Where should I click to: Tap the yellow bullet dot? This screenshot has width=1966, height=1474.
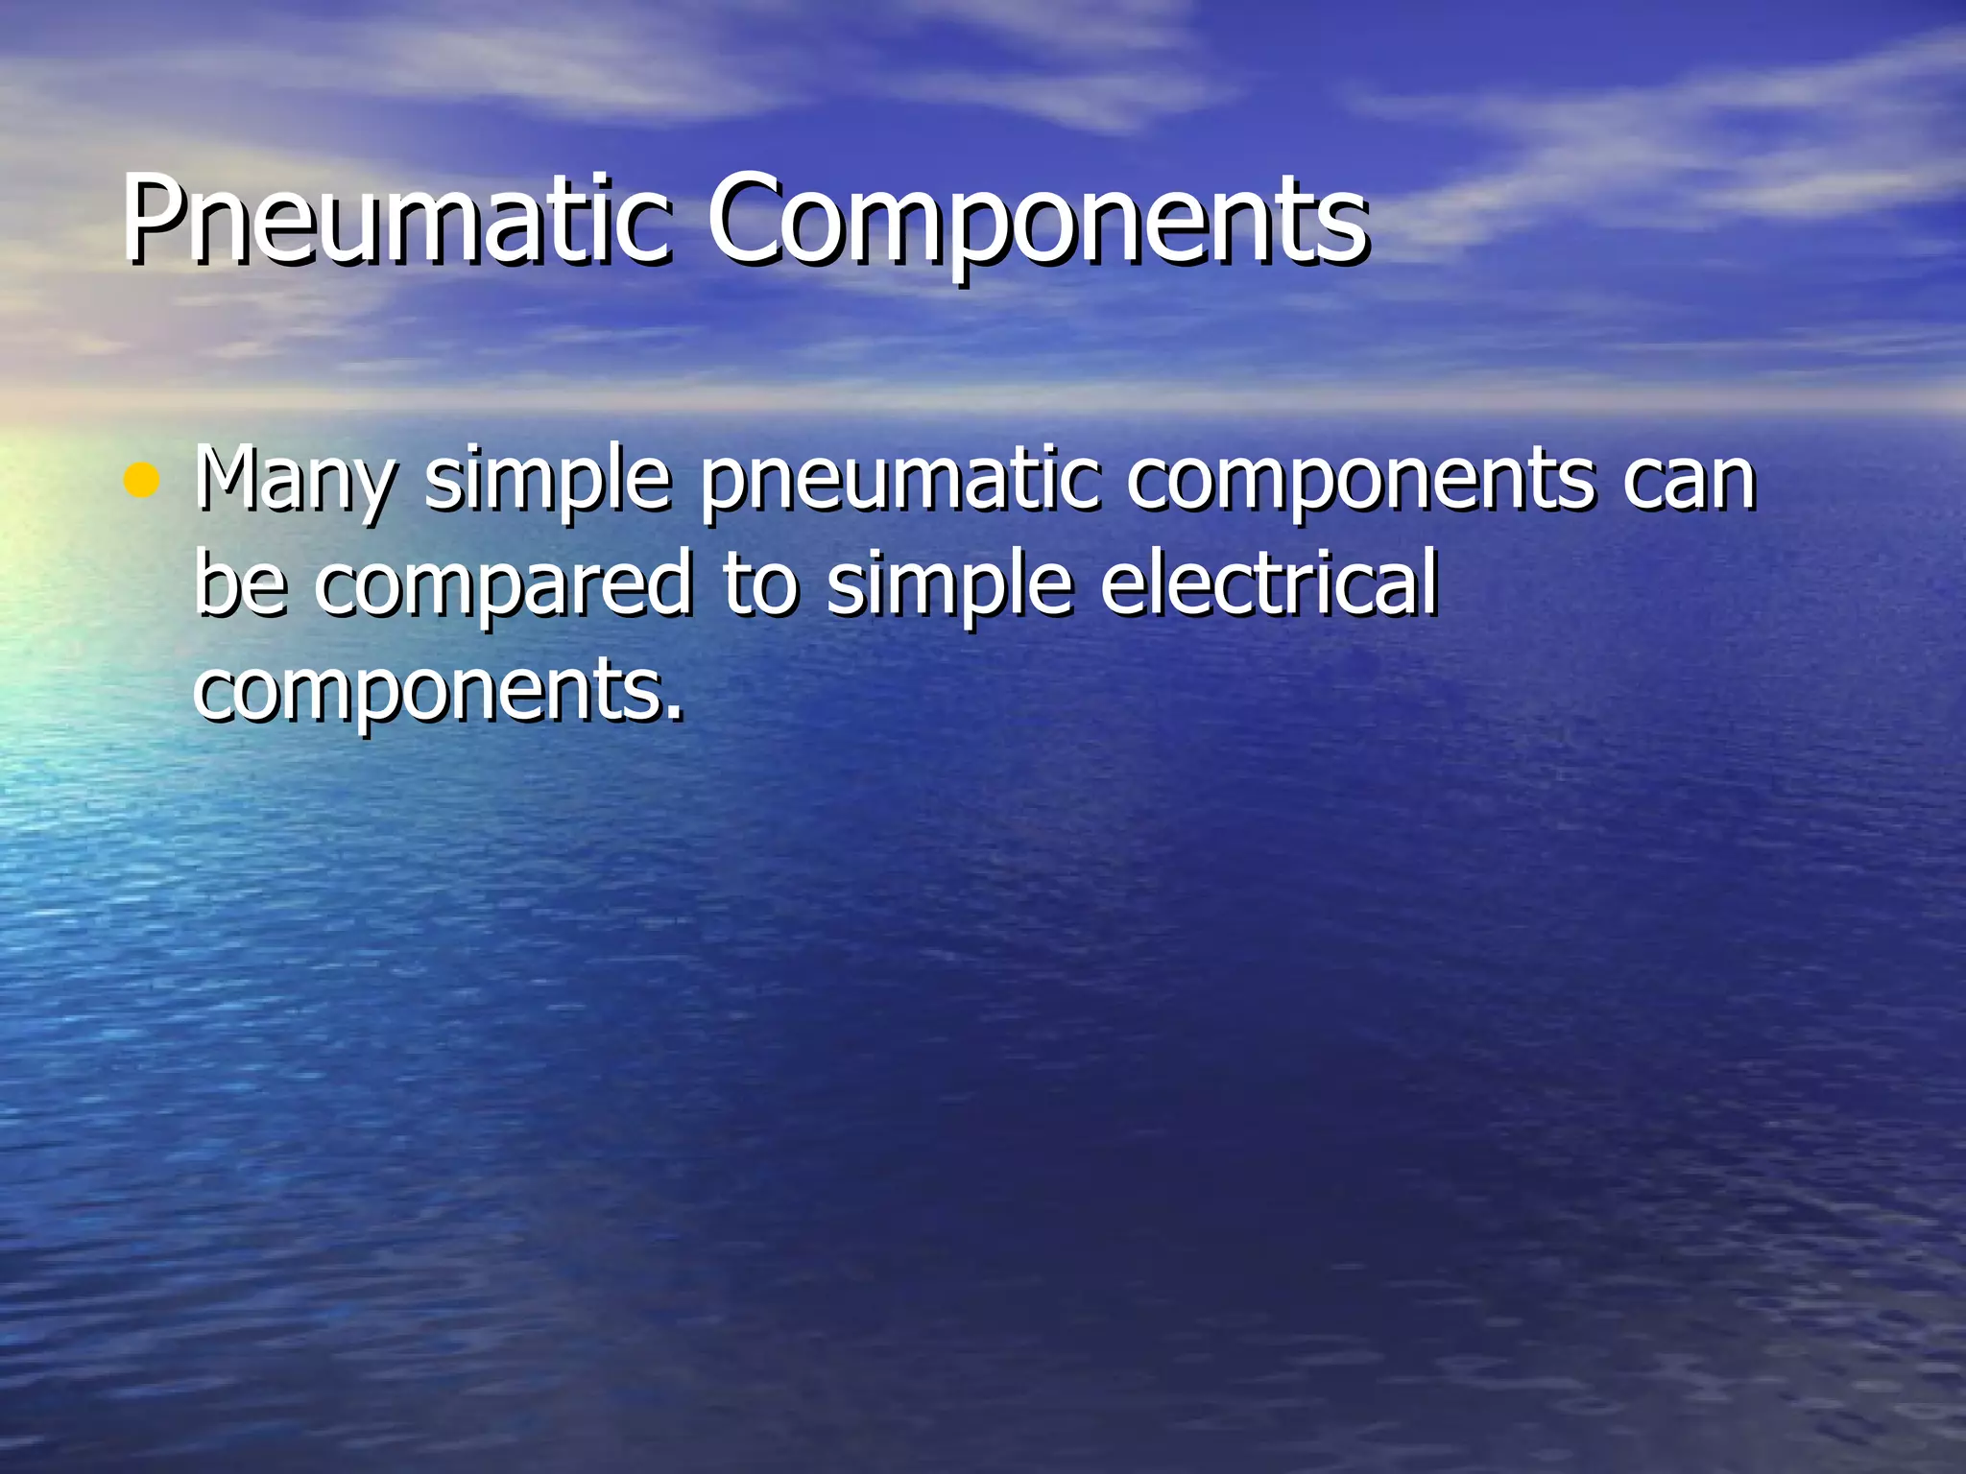(x=141, y=480)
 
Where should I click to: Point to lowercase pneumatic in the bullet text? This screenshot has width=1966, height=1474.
(x=899, y=480)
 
